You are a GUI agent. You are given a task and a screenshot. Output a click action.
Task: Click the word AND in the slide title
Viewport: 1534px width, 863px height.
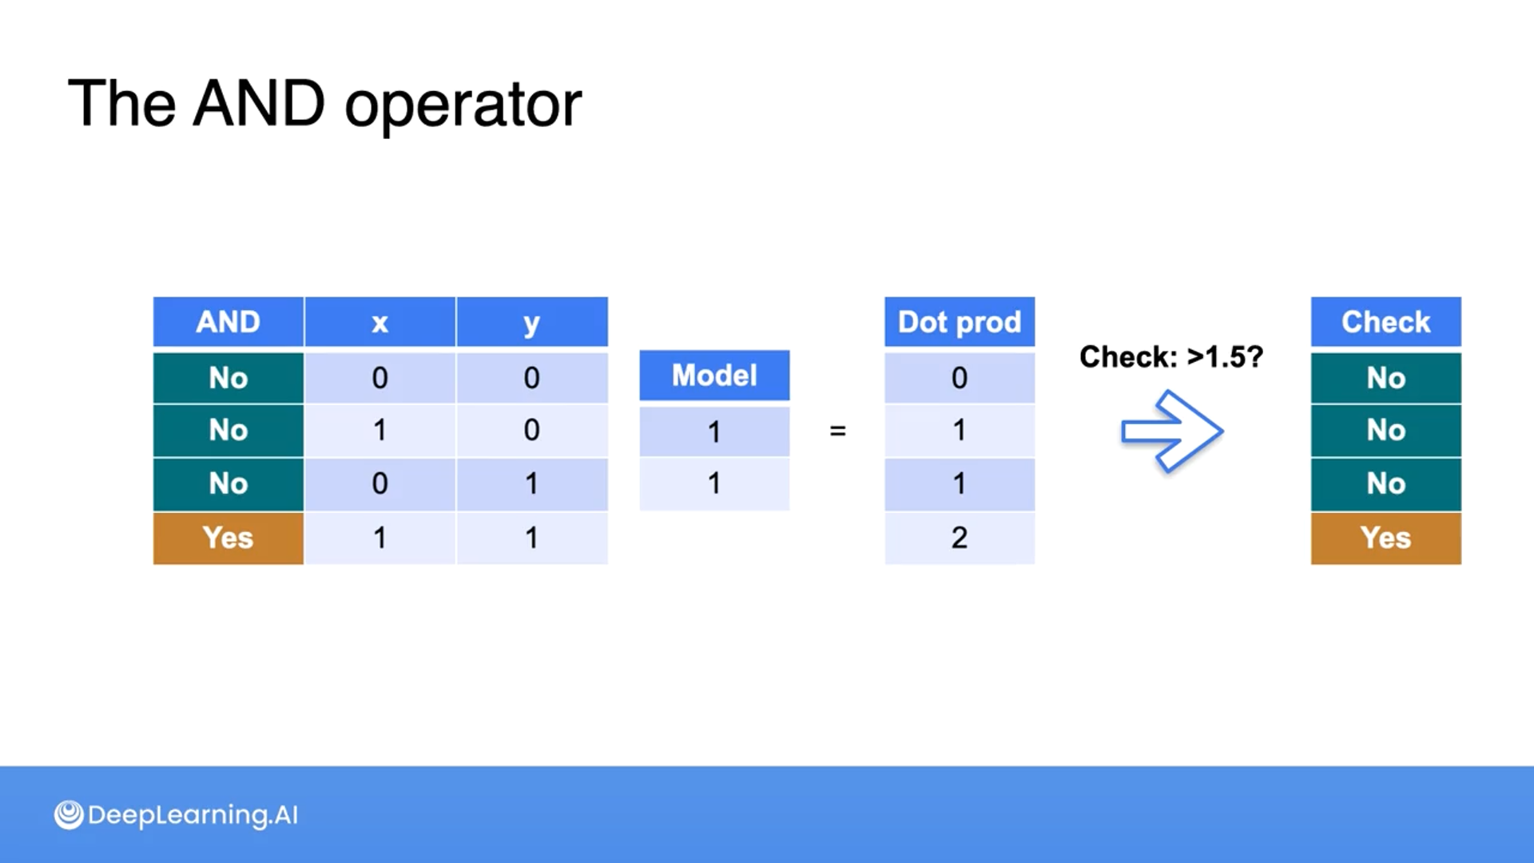259,104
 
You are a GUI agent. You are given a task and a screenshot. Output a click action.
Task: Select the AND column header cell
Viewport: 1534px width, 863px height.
229,322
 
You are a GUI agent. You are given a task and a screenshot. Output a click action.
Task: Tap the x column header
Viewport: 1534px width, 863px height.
380,322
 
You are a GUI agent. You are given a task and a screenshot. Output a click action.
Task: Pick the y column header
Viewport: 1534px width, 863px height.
531,322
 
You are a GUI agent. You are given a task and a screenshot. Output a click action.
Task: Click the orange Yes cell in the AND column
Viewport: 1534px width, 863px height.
229,538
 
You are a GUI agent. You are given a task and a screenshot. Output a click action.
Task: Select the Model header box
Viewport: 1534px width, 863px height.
714,375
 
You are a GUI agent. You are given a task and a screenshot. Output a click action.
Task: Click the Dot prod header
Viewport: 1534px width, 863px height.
960,322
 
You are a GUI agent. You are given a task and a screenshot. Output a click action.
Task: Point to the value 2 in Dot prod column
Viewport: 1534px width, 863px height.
960,538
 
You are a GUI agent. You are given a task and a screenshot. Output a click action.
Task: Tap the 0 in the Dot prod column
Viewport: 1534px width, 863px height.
960,377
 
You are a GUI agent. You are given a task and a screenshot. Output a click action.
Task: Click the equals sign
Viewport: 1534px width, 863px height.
837,431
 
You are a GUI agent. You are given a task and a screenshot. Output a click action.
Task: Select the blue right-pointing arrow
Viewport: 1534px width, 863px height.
1171,431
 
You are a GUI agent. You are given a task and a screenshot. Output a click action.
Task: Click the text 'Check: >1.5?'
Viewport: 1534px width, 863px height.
1171,356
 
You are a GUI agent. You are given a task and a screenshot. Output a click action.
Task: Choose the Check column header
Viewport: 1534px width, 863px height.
1385,322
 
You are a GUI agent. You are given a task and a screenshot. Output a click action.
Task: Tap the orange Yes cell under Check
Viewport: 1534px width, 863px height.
1385,538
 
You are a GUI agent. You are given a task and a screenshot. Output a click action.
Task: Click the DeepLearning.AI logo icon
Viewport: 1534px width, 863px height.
69,815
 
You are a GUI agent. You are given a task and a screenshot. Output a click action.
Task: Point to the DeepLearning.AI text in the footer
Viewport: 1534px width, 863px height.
193,815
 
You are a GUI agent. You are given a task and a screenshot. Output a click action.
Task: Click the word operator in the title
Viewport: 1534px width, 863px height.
463,105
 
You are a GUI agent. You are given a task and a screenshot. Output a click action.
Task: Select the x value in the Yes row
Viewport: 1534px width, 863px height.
380,538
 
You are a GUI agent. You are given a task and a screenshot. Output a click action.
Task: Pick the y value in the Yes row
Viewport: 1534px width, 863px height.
531,538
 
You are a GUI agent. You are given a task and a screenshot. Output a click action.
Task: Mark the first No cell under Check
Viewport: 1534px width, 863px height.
1385,377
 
